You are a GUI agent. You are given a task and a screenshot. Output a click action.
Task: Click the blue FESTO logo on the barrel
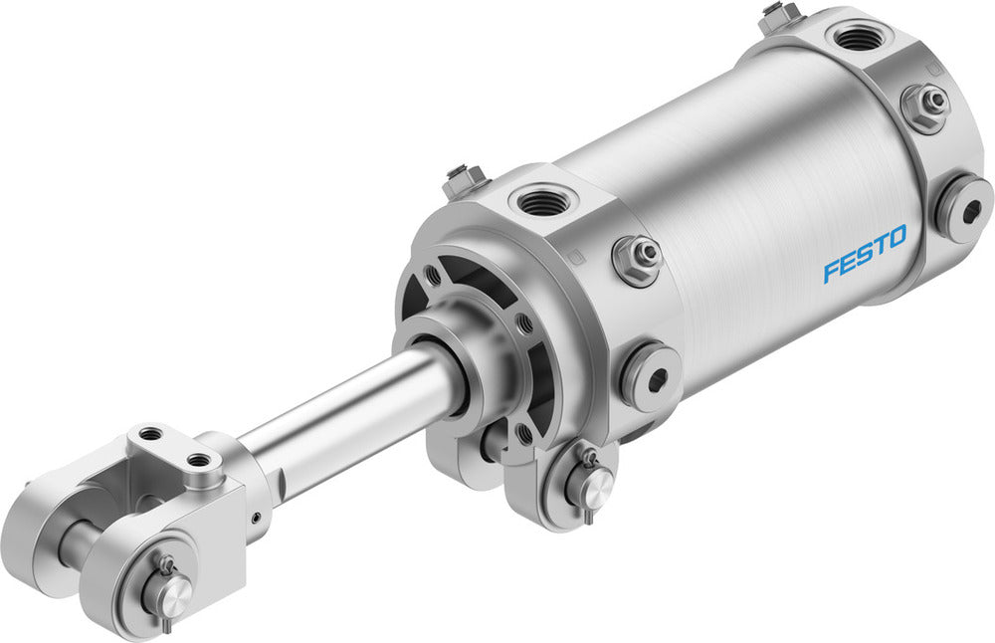click(865, 254)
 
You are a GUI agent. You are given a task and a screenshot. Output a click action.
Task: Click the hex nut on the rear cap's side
click(925, 105)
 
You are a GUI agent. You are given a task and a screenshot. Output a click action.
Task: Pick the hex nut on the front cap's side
click(639, 258)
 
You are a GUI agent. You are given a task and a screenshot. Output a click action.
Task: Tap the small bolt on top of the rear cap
click(782, 15)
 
